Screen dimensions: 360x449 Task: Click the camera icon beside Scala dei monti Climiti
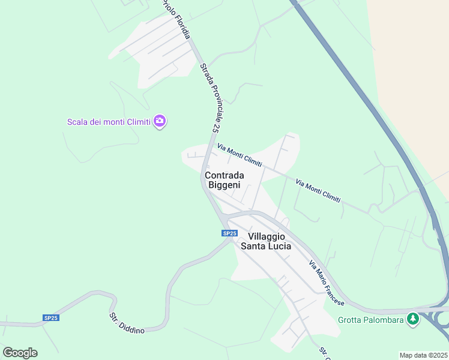tap(160, 121)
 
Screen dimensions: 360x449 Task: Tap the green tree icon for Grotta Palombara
tap(412, 319)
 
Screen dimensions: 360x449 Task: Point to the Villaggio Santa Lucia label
tap(266, 241)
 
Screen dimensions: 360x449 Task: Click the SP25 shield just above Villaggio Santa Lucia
tap(229, 233)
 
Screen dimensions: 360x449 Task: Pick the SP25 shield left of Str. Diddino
tap(50, 317)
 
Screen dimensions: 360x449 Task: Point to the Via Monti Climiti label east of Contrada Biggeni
tap(318, 190)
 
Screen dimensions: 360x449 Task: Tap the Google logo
tap(20, 352)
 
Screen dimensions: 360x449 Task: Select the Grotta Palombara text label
tap(369, 319)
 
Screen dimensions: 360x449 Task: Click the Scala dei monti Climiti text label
tap(109, 122)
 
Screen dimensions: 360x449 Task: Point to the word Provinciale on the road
tap(209, 100)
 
